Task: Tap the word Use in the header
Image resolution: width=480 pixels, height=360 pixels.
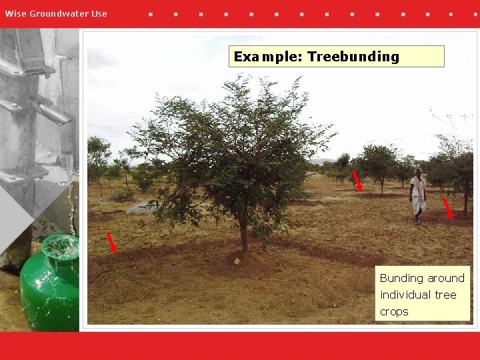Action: pos(99,13)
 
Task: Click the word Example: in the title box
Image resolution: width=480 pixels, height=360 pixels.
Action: pos(267,57)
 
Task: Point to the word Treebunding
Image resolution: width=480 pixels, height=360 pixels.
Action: pos(353,57)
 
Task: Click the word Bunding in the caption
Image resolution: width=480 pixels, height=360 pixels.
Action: pos(401,278)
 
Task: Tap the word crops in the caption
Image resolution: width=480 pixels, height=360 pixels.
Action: pos(394,311)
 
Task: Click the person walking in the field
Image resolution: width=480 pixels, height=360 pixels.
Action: pos(417,195)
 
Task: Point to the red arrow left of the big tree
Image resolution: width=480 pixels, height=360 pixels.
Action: pos(112,243)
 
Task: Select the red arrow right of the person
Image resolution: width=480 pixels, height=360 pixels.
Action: pos(449,209)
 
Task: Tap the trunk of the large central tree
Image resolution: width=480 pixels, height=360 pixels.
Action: pos(244,240)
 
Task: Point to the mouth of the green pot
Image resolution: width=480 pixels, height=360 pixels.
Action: pos(61,246)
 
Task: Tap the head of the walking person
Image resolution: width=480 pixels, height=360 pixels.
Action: pos(418,172)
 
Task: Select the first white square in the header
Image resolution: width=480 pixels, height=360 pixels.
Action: pos(150,13)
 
